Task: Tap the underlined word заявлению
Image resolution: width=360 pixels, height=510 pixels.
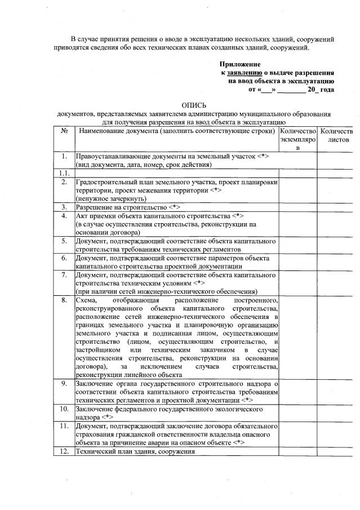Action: tap(245, 73)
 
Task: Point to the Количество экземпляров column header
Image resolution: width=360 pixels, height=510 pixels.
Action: tap(298, 139)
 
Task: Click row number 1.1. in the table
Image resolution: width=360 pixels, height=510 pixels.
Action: tap(64, 172)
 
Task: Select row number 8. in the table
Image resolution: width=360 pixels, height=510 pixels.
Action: tap(64, 301)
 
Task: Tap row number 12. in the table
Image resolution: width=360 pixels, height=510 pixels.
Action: tap(64, 451)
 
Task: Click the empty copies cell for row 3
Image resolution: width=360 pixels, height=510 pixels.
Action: tap(298, 207)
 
